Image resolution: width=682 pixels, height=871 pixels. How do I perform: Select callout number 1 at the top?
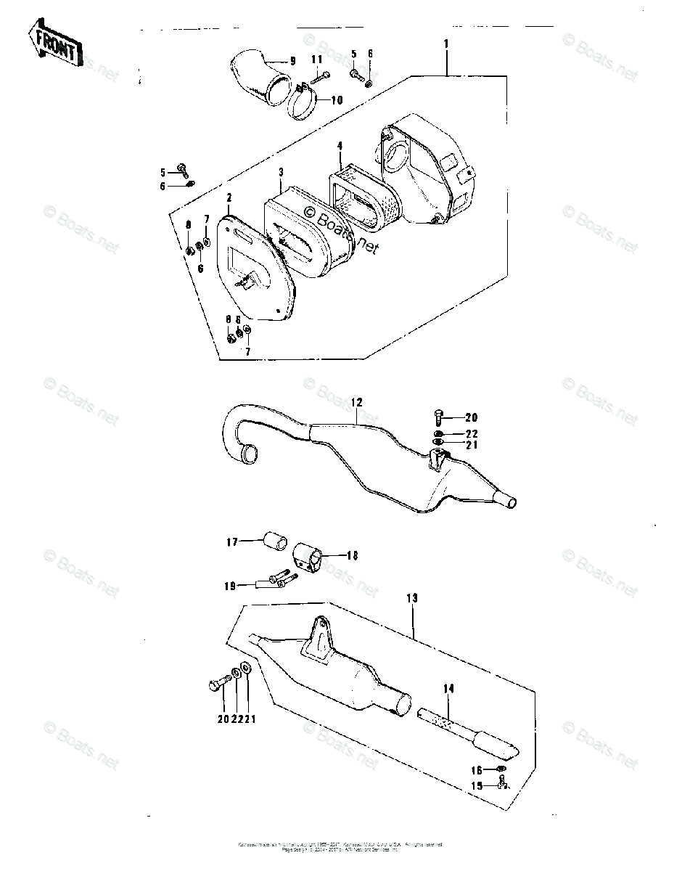point(446,44)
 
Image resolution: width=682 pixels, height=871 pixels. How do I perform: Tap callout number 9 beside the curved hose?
point(292,61)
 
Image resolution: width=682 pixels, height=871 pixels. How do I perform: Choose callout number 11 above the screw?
point(317,59)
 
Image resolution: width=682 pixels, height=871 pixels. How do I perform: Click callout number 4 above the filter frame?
point(340,146)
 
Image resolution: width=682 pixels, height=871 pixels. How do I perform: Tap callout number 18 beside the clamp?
point(353,557)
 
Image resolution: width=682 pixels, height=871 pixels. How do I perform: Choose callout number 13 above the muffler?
point(412,599)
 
